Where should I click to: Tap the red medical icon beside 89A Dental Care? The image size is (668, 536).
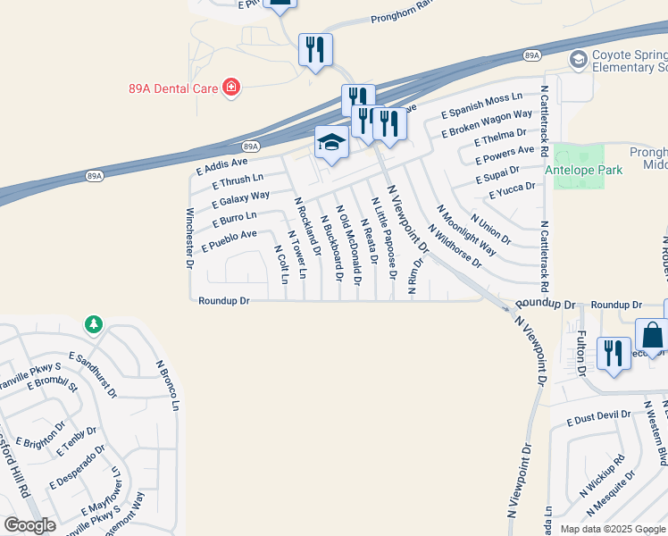(x=231, y=87)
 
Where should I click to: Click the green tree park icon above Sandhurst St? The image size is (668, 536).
(x=94, y=324)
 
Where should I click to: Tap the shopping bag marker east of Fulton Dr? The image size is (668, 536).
(x=653, y=338)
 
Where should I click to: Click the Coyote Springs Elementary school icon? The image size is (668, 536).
(x=578, y=59)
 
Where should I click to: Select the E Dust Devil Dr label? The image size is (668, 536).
(x=592, y=415)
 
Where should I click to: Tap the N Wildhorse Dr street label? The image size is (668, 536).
(x=455, y=247)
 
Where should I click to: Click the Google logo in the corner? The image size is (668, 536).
(x=29, y=525)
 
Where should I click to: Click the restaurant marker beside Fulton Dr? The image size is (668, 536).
(x=613, y=353)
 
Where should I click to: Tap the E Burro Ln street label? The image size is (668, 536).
(x=233, y=217)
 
